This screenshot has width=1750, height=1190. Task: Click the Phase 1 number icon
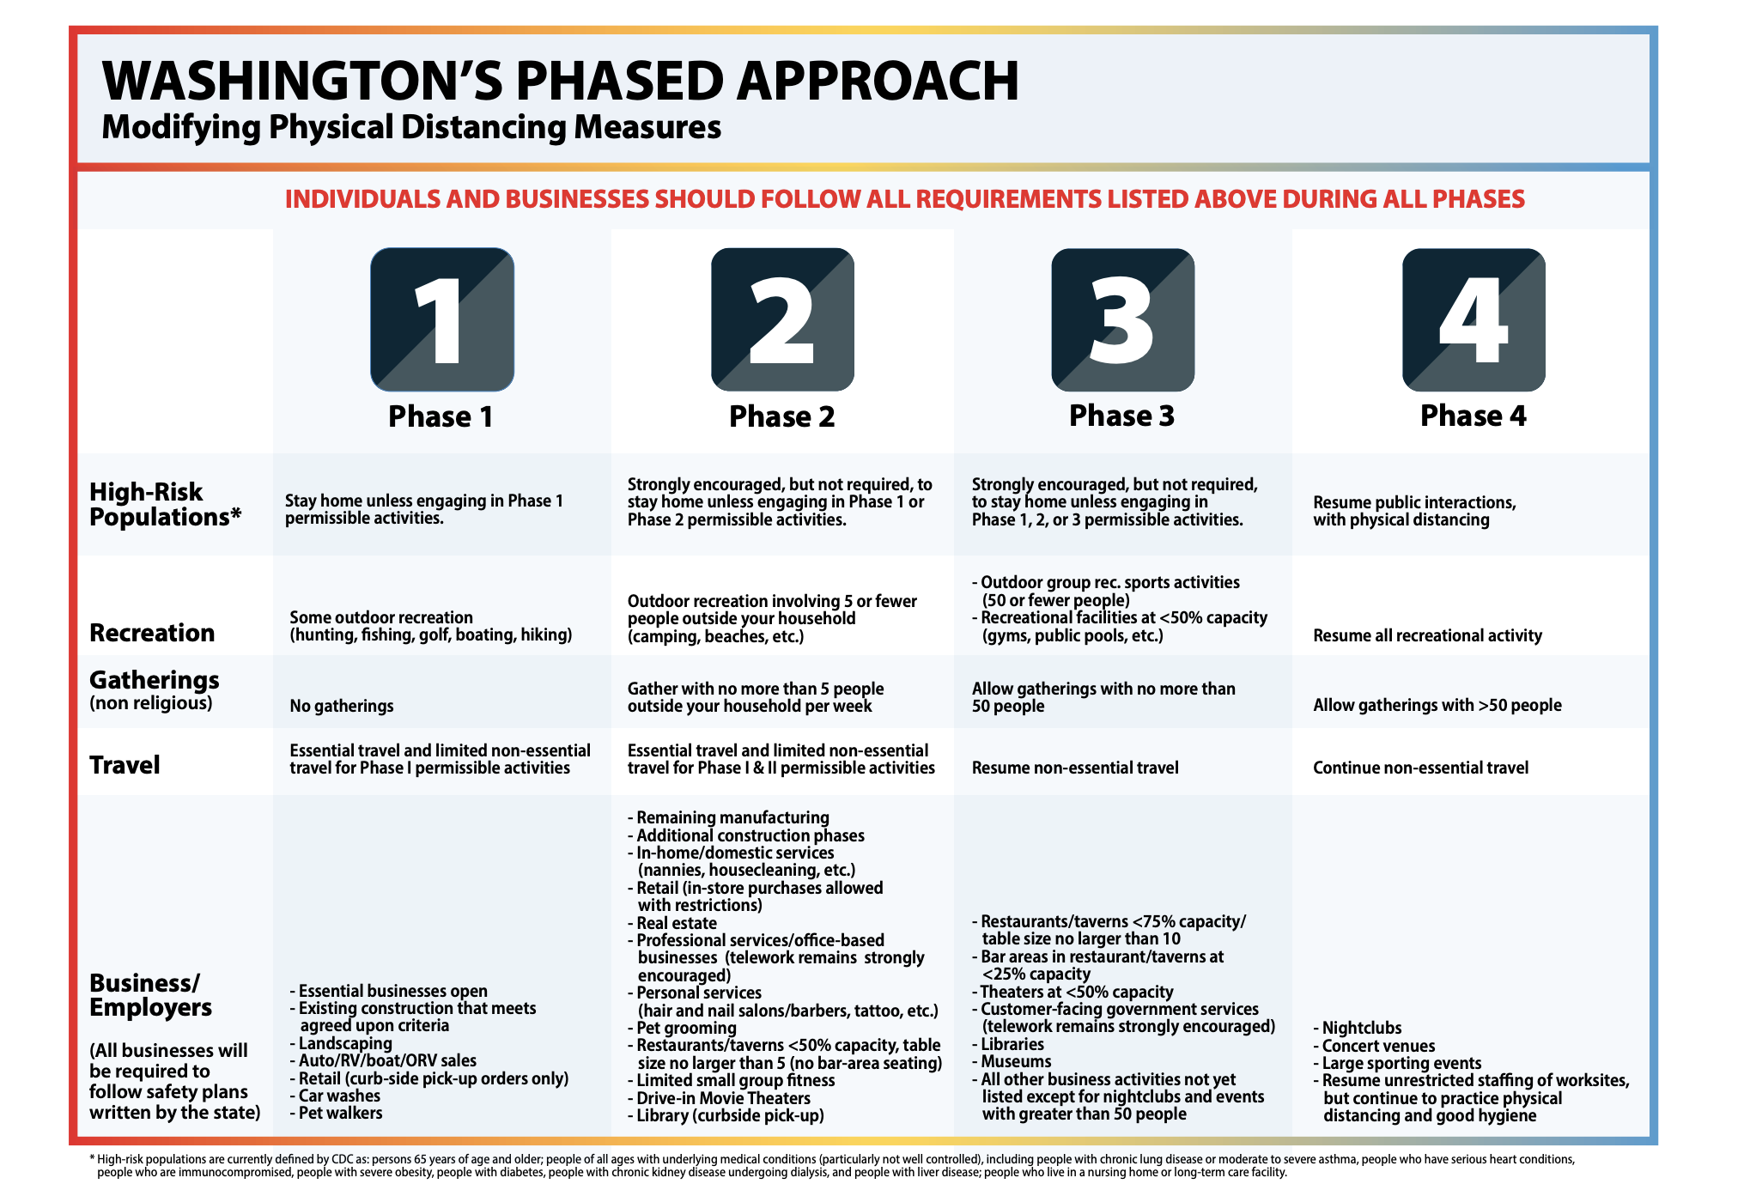tap(442, 319)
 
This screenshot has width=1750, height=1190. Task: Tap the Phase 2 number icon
tap(782, 319)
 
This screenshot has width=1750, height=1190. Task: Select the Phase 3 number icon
tap(1122, 319)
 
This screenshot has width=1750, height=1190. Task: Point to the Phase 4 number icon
tap(1474, 319)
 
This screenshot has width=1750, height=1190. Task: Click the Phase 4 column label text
tap(1474, 416)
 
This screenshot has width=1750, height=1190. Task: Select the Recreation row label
tap(152, 633)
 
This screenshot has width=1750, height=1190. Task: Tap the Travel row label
tap(125, 765)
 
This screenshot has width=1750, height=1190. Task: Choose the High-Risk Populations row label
tap(165, 504)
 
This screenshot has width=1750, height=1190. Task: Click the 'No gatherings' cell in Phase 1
tap(342, 706)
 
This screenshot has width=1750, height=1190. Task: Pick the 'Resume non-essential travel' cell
tap(1075, 768)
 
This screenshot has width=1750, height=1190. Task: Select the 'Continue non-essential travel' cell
tap(1420, 768)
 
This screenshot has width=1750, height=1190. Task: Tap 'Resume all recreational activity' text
tap(1427, 635)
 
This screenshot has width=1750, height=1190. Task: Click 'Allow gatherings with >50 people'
tap(1437, 705)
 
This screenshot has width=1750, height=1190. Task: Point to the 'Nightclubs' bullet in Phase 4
tap(1358, 1028)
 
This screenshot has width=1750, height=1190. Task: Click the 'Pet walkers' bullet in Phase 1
tap(336, 1113)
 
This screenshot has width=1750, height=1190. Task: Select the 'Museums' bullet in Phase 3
tap(1012, 1061)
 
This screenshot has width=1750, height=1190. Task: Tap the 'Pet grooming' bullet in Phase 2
tap(682, 1028)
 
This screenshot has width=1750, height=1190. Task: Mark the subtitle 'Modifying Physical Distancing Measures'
tap(411, 127)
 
